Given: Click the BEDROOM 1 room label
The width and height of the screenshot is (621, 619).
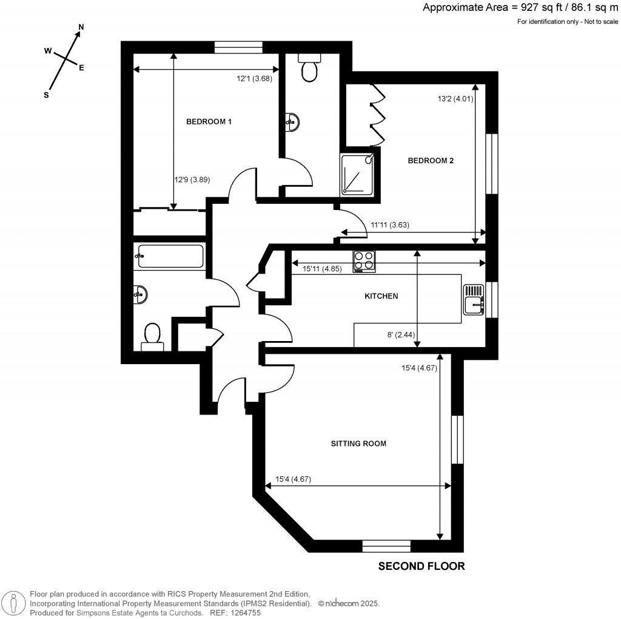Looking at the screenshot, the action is click(x=209, y=121).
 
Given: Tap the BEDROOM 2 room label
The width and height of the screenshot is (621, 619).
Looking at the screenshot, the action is click(x=431, y=161).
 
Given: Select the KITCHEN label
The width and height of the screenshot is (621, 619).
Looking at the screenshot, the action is click(x=381, y=296).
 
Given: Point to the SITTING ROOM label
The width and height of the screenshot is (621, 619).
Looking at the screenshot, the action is click(x=358, y=444).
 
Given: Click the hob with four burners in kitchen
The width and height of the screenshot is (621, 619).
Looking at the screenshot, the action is click(x=364, y=261).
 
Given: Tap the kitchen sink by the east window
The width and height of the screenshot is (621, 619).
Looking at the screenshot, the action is click(x=473, y=300).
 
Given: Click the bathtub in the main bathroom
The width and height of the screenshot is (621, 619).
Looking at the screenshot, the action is click(x=169, y=257).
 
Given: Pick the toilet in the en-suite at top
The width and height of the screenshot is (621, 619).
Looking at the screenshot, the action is click(x=310, y=69).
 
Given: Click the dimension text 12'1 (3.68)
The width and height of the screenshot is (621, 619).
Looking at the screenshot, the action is click(x=253, y=78).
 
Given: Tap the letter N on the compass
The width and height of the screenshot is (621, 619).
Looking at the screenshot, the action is click(x=81, y=28).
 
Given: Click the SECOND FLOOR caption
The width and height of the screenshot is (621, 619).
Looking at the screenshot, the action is click(x=421, y=566).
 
